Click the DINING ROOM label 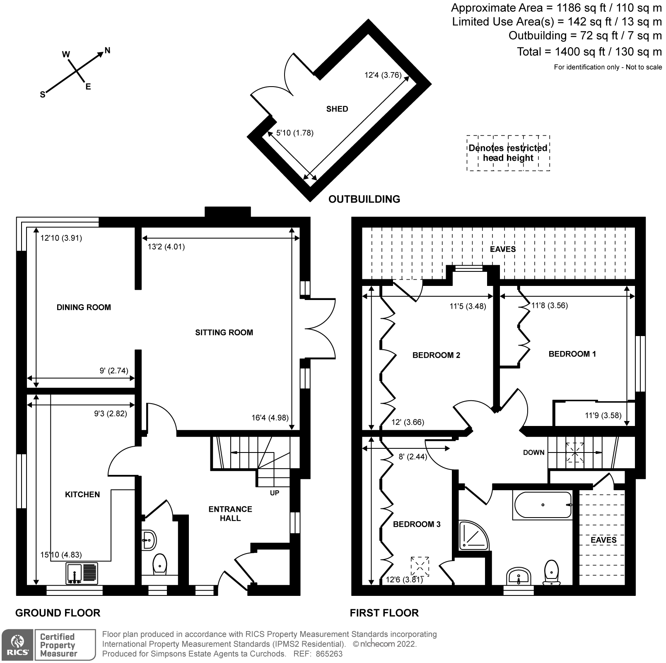point(84,307)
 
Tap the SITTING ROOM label point(224,332)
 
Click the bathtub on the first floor point(543,505)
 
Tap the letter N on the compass point(107,51)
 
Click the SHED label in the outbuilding point(337,109)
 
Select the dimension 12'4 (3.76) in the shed point(383,75)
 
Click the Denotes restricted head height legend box point(508,153)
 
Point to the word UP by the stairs point(275,493)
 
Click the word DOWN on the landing point(533,452)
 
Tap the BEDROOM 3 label point(417,524)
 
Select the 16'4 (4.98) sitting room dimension point(270,418)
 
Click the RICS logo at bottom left point(17,645)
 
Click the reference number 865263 point(329,654)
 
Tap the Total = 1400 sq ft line point(589,52)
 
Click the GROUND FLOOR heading point(58,613)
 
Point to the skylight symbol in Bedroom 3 point(420,566)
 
